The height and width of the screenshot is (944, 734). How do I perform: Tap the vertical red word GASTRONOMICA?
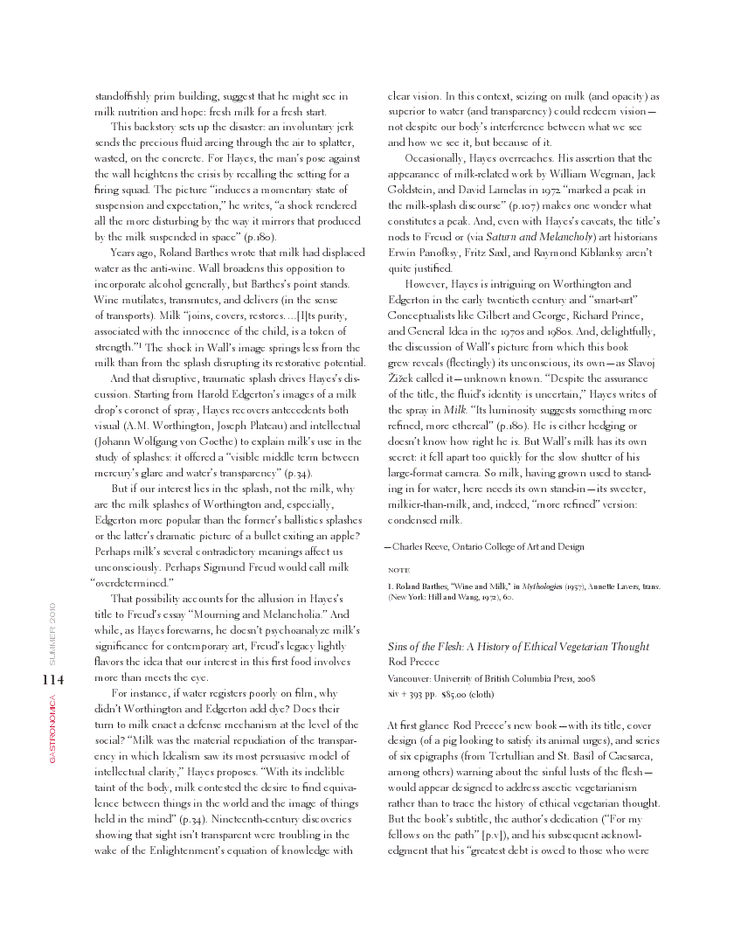tap(52, 728)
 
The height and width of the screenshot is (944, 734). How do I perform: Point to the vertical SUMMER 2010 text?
tap(52, 632)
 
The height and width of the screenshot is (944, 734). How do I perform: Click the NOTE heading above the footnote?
tap(398, 570)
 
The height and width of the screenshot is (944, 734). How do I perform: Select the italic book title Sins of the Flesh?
tap(428, 647)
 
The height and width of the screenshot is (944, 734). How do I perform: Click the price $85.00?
tap(459, 694)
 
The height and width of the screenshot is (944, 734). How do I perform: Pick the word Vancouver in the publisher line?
tap(412, 677)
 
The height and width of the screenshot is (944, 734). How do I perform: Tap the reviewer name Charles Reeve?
tap(422, 546)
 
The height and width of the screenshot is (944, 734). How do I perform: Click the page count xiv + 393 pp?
tap(412, 694)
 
